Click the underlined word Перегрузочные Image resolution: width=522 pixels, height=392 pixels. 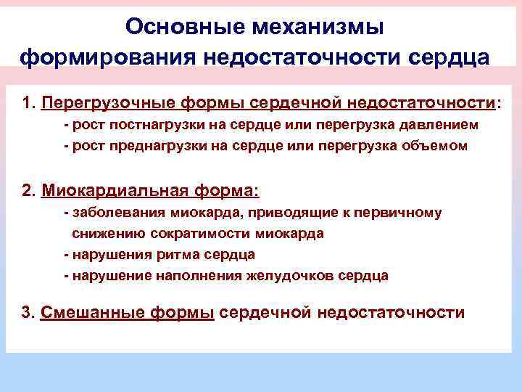109,103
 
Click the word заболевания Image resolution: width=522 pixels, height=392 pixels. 118,213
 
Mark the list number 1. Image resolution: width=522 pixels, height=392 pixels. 28,103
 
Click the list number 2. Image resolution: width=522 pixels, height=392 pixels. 28,191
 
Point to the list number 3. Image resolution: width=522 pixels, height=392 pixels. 28,312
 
